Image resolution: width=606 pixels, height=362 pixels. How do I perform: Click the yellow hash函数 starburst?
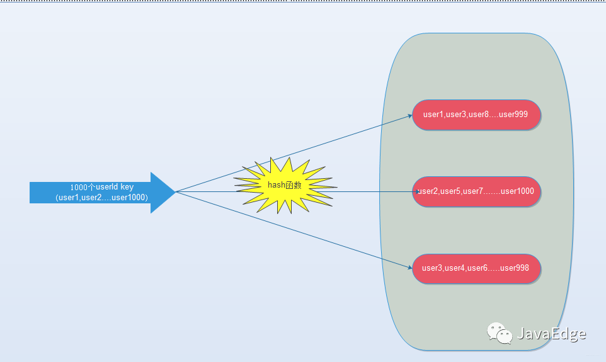tap(285, 184)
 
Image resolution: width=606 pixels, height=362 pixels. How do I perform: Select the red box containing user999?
tap(477, 115)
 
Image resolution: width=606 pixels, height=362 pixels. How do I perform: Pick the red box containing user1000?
tap(477, 191)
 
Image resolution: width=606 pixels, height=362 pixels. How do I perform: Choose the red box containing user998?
tap(477, 268)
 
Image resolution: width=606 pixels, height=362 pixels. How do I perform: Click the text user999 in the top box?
tap(513, 115)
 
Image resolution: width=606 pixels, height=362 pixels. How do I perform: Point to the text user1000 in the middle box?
tap(517, 191)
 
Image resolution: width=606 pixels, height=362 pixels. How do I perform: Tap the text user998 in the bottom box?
tap(514, 268)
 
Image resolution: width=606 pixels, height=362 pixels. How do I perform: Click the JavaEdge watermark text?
tap(551, 334)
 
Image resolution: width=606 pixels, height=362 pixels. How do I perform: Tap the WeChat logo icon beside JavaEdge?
tap(498, 334)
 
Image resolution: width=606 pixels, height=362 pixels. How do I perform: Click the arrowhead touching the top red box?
tap(409, 116)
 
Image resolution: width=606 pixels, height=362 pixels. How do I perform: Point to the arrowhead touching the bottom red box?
tap(409, 267)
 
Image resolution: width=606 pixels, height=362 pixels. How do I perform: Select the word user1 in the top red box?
tap(433, 115)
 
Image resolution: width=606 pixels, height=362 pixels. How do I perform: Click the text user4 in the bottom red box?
tap(454, 268)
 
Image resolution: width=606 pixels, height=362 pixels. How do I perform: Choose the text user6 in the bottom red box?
tap(477, 268)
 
